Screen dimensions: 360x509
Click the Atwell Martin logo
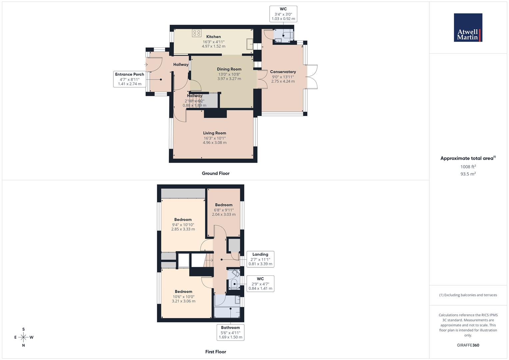[x=468, y=28]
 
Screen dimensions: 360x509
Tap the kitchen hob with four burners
[x=196, y=33]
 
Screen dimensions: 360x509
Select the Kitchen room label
[x=213, y=37]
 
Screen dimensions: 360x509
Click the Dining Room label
[x=229, y=69]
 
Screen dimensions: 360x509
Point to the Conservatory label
[x=283, y=72]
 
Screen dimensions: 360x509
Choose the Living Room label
[x=215, y=133]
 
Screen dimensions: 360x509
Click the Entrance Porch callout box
[x=130, y=79]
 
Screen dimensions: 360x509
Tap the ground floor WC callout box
[x=283, y=14]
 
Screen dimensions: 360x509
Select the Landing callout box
[x=260, y=259]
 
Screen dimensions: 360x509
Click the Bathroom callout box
[x=230, y=332]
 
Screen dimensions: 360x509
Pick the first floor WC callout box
[x=260, y=284]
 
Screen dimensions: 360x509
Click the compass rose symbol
[x=23, y=337]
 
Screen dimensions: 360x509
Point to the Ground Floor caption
[x=216, y=173]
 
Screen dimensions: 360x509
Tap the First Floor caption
[x=216, y=352]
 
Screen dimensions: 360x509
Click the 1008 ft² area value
[x=468, y=167]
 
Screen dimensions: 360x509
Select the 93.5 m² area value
[x=468, y=174]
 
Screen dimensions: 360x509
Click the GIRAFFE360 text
[x=468, y=345]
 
